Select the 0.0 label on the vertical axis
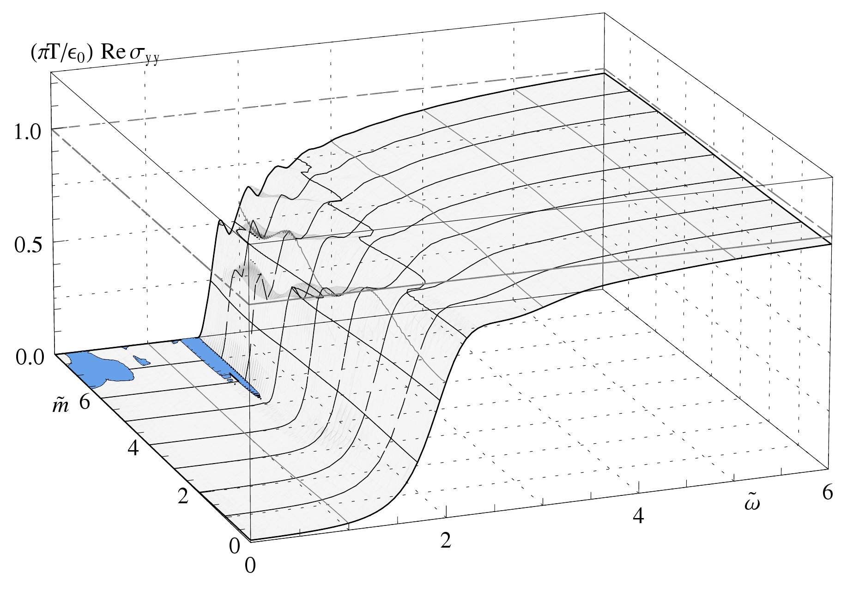tap(28, 357)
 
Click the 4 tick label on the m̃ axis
tap(133, 448)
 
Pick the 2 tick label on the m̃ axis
tap(183, 497)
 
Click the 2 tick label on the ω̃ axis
tap(446, 540)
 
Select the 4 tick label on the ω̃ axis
tap(638, 516)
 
